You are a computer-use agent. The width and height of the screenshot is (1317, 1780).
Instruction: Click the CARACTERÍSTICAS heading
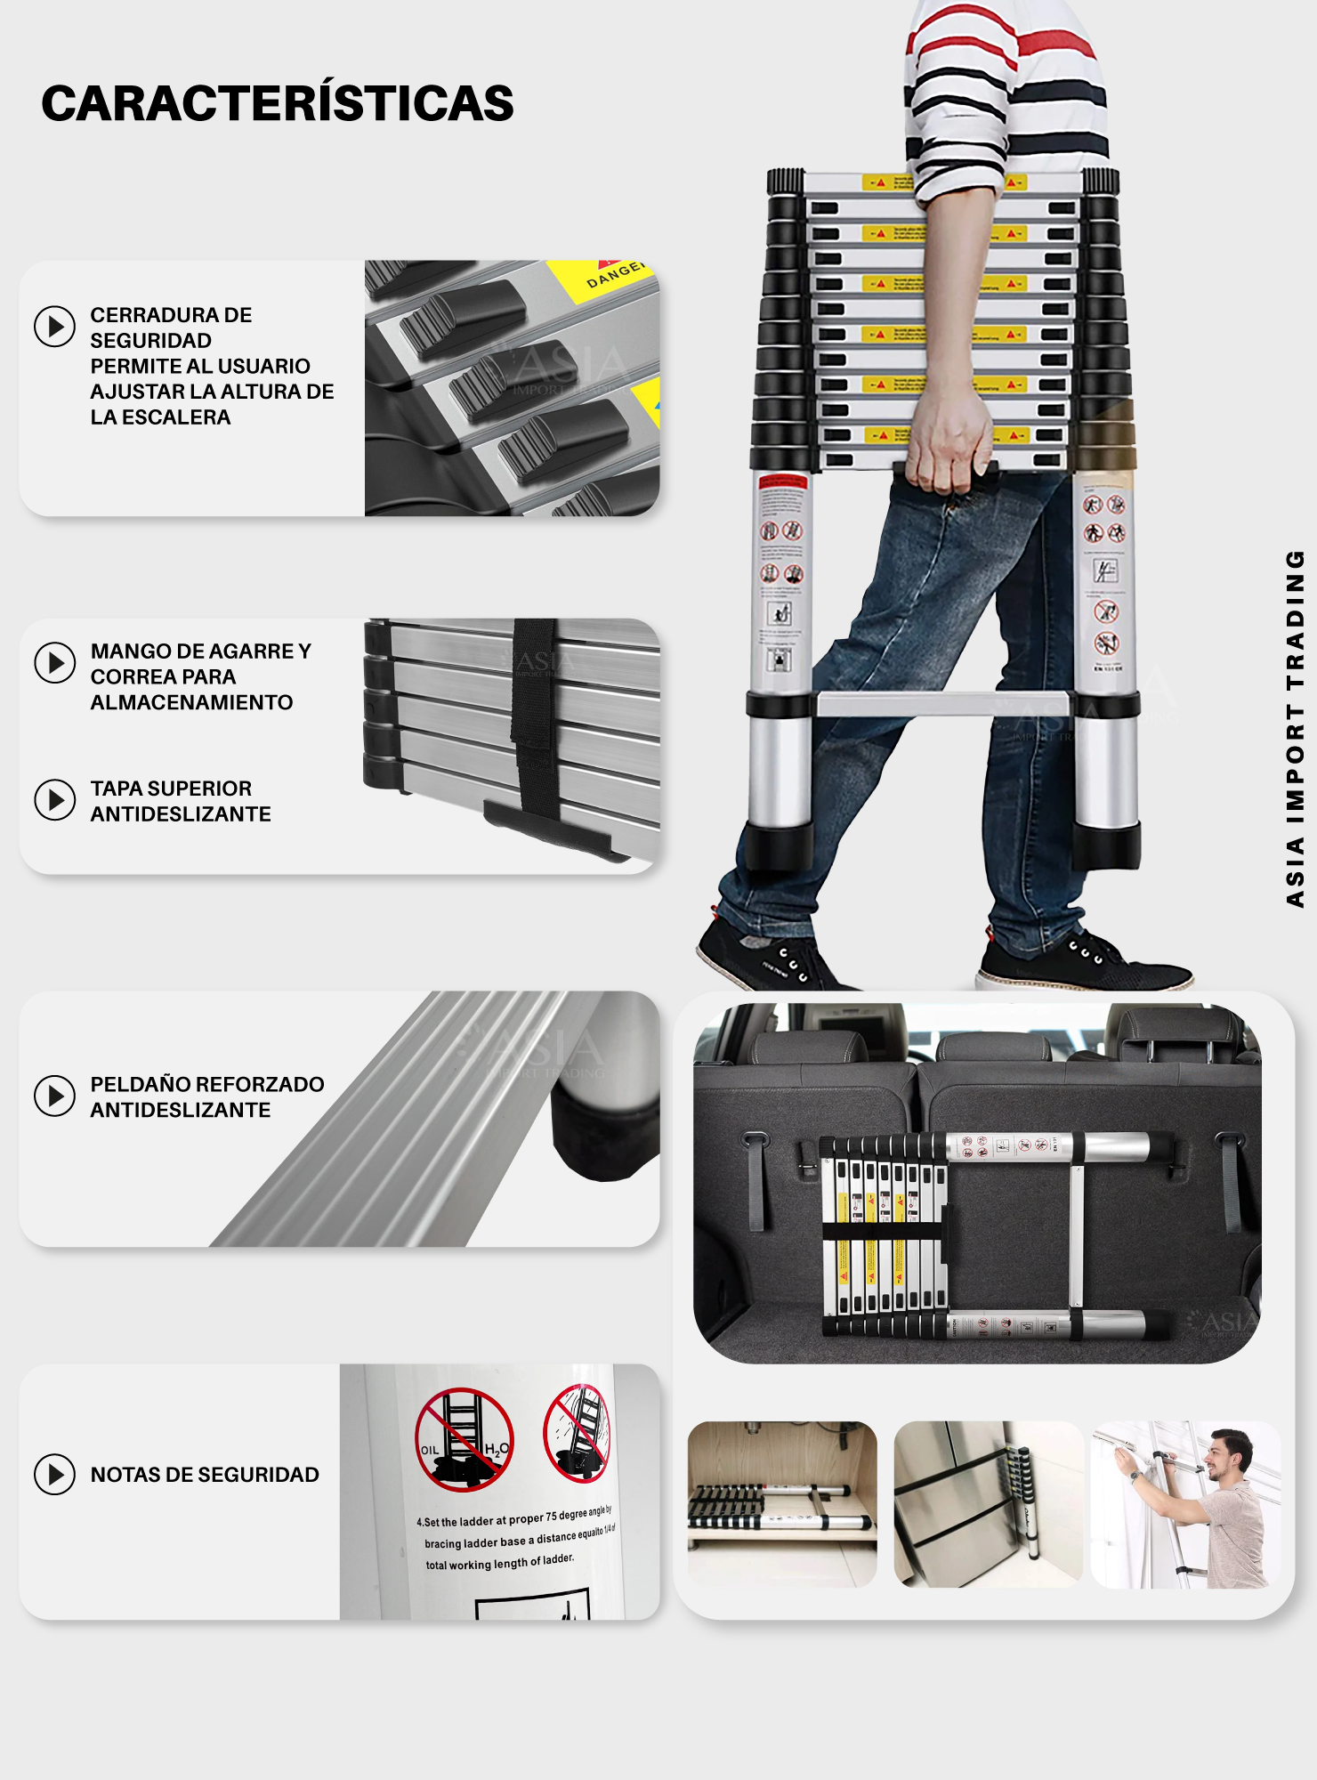[278, 103]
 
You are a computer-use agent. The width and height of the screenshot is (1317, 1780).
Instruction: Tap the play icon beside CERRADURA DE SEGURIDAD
[54, 327]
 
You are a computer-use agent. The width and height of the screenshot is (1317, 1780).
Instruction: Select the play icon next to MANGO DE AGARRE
[54, 663]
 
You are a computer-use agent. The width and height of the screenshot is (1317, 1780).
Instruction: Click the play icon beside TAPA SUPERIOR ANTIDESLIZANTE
[54, 800]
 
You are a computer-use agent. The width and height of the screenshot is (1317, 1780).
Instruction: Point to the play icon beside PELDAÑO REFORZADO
[54, 1096]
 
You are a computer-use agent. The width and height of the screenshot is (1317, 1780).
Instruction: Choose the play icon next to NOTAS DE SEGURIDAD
[54, 1475]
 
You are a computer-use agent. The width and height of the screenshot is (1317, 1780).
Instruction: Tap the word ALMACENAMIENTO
[191, 702]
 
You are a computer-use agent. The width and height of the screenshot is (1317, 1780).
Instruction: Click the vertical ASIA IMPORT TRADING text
[1295, 730]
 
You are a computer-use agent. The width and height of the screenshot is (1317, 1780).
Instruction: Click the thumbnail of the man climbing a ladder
[1186, 1504]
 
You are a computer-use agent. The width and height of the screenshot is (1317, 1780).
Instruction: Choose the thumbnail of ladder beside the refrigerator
[987, 1504]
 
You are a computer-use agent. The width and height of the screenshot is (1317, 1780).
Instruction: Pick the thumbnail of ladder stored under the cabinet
[782, 1504]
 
